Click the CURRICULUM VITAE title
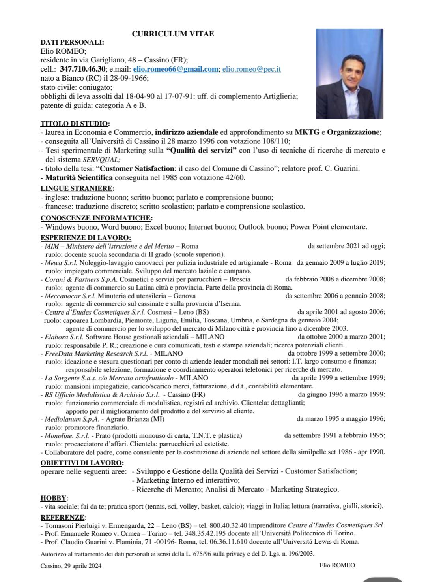tap(173, 34)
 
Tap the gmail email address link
tap(176, 69)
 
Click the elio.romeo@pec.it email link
tap(251, 69)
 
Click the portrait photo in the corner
tap(349, 74)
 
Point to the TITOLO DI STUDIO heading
tap(75, 124)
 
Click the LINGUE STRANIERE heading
tap(77, 188)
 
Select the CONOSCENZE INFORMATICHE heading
tap(96, 218)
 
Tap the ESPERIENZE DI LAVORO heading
tap(86, 238)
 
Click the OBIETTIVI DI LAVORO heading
tap(82, 463)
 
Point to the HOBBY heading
tap(53, 498)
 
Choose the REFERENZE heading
tap(63, 517)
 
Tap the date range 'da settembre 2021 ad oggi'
tap(346, 246)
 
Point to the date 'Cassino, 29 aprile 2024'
tap(71, 565)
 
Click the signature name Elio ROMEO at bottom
tap(337, 565)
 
